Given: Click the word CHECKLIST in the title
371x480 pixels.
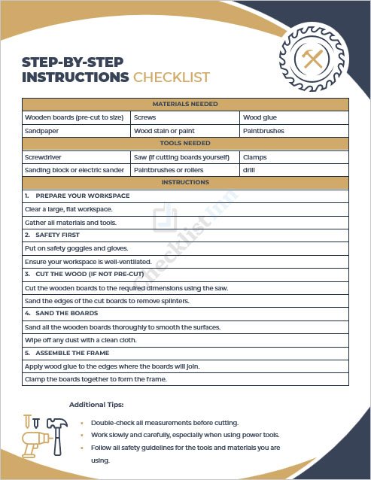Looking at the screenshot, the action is tap(172, 77).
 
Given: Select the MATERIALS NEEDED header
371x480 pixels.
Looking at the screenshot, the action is tap(185, 105).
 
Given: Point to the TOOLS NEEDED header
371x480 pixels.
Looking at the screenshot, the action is tap(185, 144).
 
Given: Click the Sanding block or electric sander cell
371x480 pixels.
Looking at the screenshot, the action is tap(75, 170).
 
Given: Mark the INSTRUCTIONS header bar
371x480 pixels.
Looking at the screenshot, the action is tap(185, 183).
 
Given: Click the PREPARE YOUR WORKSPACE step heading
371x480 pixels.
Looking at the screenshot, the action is tap(82, 196).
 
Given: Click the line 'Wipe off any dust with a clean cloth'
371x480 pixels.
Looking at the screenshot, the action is tap(87, 340).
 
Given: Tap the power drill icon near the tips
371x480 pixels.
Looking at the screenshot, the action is tap(34, 445).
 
